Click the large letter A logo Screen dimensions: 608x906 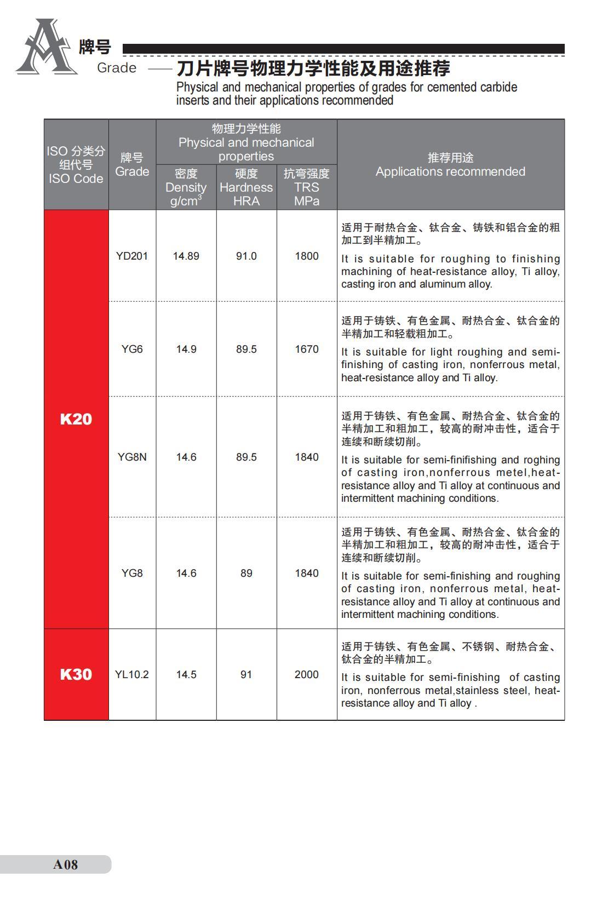pyautogui.click(x=46, y=48)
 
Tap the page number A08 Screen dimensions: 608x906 pyautogui.click(x=65, y=864)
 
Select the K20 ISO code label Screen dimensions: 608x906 pyautogui.click(x=76, y=419)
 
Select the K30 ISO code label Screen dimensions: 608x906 pyautogui.click(x=76, y=674)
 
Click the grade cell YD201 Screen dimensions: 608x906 pyautogui.click(x=132, y=256)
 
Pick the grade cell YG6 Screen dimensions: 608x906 pyautogui.click(x=132, y=349)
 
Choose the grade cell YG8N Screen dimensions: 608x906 pyautogui.click(x=132, y=457)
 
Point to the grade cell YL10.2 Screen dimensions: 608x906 pyautogui.click(x=132, y=674)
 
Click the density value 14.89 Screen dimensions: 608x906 pyautogui.click(x=186, y=256)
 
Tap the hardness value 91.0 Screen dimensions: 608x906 pyautogui.click(x=246, y=256)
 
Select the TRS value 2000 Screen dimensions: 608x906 pyautogui.click(x=307, y=674)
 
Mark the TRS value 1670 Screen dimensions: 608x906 pyautogui.click(x=307, y=349)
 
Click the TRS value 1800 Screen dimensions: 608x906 pyautogui.click(x=307, y=256)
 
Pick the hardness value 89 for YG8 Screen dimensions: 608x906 pyautogui.click(x=246, y=573)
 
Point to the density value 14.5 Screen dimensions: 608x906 pyautogui.click(x=186, y=674)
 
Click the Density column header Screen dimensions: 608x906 pyautogui.click(x=186, y=187)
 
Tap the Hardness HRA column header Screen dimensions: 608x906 pyautogui.click(x=246, y=187)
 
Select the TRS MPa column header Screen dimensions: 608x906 pyautogui.click(x=307, y=187)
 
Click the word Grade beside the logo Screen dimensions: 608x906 pyautogui.click(x=117, y=68)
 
